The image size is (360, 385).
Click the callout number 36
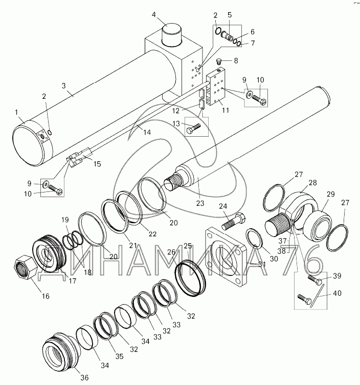pos(84,377)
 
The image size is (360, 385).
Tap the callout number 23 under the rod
pos(200,203)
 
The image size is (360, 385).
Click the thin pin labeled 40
pos(317,295)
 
